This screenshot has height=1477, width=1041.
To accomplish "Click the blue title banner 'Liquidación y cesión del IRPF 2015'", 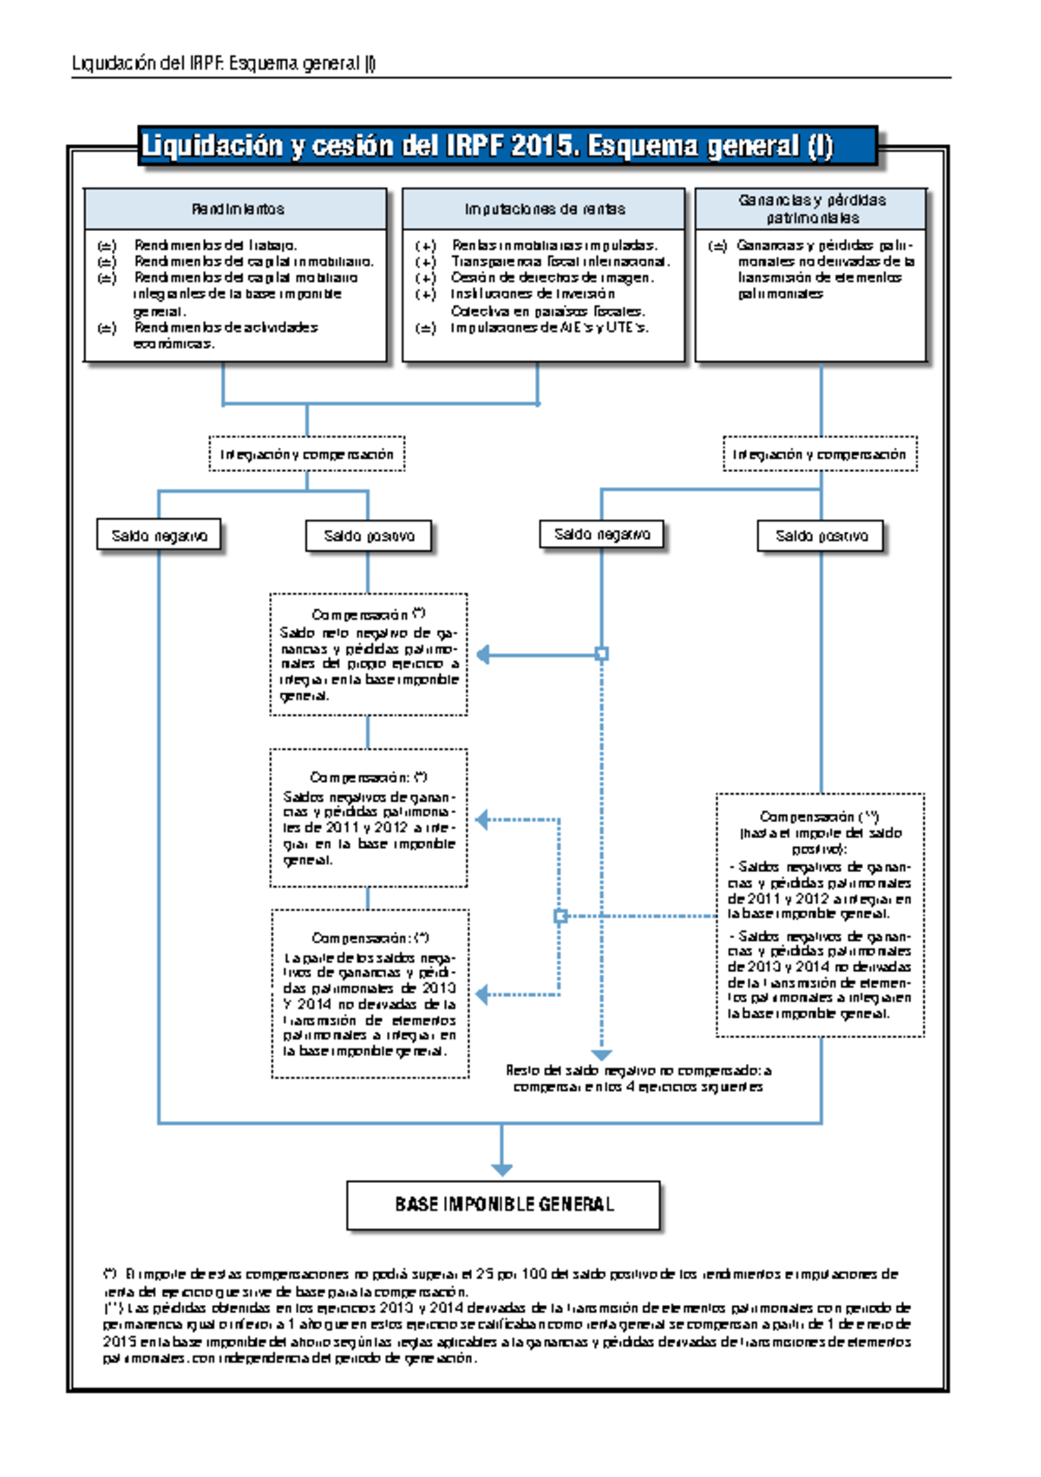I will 507,146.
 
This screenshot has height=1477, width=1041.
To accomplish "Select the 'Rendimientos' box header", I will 237,209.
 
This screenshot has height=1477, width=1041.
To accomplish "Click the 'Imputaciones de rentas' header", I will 544,209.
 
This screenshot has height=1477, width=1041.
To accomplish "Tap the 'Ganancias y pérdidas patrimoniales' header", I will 812,209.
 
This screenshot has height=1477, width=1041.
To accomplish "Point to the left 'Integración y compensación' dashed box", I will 306,454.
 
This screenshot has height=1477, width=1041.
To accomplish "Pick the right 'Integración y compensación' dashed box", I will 819,454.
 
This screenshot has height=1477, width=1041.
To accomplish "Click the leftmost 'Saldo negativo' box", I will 159,535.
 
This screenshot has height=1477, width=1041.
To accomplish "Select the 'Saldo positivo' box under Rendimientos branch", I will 369,536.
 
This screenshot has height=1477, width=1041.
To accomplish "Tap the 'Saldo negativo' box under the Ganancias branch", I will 601,535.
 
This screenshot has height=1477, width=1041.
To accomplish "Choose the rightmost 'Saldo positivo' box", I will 821,536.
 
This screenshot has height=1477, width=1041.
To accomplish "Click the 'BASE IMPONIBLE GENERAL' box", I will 503,1205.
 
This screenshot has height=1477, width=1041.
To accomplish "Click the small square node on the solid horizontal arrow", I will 601,654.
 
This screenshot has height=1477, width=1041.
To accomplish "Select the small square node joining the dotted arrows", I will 560,916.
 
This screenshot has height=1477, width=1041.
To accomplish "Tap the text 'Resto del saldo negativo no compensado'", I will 638,1070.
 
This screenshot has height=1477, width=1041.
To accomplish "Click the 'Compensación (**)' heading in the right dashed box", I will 819,817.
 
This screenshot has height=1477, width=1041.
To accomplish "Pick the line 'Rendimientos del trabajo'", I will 215,245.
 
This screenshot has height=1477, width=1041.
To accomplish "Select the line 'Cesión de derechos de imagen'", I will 552,278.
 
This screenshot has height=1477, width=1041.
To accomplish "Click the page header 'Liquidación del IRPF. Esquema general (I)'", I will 224,63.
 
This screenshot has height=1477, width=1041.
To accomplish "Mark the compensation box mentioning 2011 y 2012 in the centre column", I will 369,818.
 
